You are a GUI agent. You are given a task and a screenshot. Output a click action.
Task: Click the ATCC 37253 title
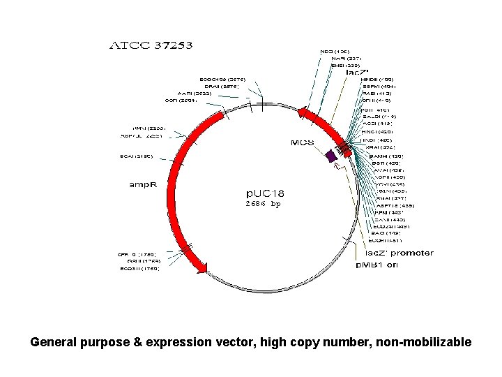pos(151,45)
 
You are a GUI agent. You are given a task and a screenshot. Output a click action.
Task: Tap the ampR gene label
pos(146,185)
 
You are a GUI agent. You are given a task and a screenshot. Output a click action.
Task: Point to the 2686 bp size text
pos(262,205)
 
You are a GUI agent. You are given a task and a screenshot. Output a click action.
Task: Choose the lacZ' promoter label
pos(399,253)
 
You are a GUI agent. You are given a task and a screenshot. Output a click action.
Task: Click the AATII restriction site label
pos(195,93)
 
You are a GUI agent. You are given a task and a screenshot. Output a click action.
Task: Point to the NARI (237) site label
pos(347,58)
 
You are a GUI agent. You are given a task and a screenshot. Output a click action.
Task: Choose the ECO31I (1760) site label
pos(139,268)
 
